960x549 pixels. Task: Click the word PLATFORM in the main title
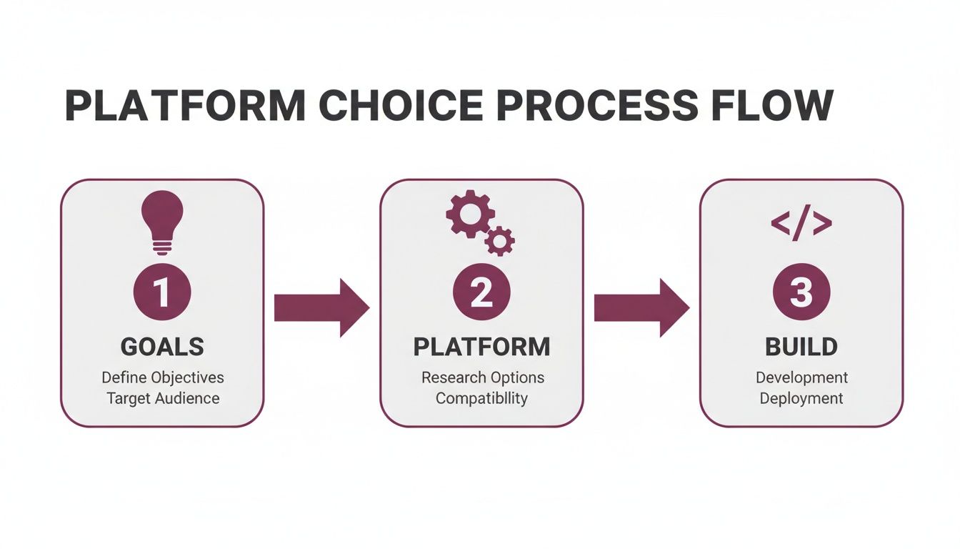coord(185,105)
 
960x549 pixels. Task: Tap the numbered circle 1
coord(162,292)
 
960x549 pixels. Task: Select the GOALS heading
coord(162,347)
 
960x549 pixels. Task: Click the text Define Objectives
coord(162,377)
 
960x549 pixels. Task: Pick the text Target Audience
coord(162,398)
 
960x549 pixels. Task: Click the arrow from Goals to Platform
coord(321,307)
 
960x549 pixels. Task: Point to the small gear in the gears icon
coord(499,241)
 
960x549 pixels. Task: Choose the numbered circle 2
coord(481,292)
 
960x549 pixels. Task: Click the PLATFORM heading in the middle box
coord(481,347)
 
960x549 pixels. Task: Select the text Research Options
coord(482,377)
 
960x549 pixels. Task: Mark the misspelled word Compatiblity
coord(481,398)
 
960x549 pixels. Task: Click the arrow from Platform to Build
coord(641,307)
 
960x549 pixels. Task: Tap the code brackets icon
coord(801,224)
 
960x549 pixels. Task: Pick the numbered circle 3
coord(801,292)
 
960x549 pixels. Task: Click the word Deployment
coord(801,398)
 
